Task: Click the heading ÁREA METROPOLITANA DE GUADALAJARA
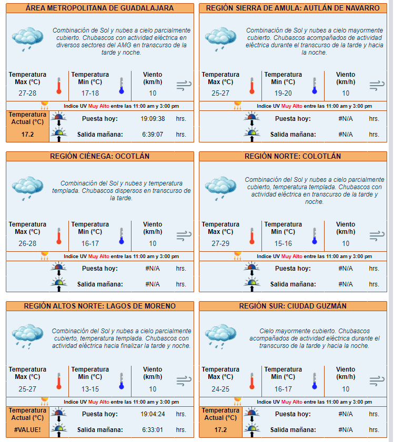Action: (99, 8)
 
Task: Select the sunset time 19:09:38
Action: (153, 119)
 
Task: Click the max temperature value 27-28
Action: (27, 94)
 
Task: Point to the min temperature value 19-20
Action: (283, 94)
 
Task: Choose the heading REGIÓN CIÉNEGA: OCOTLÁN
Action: (99, 157)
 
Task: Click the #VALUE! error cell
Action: (27, 429)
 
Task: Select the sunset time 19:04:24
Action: (153, 414)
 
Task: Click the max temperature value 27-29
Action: (220, 243)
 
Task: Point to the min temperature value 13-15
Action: (90, 389)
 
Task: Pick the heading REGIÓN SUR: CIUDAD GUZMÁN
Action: (292, 306)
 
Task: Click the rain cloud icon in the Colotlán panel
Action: (220, 187)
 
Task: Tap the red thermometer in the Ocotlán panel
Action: (59, 236)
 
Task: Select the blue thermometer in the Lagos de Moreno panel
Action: (121, 382)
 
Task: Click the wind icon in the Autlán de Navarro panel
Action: (377, 85)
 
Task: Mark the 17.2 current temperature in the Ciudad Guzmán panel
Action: (220, 429)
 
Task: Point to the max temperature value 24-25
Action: (220, 389)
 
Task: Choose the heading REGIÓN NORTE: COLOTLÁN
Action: (292, 157)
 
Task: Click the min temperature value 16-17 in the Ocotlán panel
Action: (90, 243)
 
